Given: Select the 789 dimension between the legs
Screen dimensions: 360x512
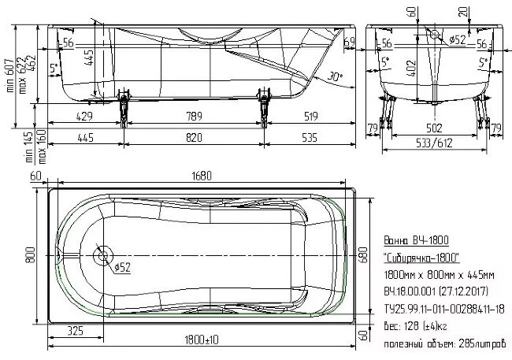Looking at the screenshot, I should coord(192,117).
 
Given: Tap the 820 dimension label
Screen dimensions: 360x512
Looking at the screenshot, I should coord(194,139).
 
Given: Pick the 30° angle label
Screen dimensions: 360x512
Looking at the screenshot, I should coord(336,77).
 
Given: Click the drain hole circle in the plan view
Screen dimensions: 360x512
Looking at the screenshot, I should coord(101,256).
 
